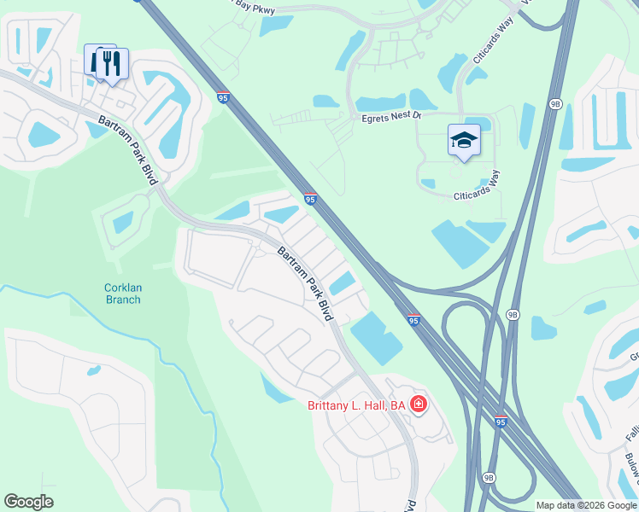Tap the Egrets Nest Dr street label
tap(391, 114)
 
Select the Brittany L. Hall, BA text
tap(355, 405)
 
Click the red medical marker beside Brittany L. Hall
tap(418, 404)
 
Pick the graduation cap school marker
tap(464, 140)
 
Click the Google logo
tap(28, 502)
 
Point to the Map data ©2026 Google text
tap(587, 505)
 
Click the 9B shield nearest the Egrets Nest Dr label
tap(555, 104)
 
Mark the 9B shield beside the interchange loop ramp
tap(513, 314)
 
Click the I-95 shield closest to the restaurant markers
tap(224, 98)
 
